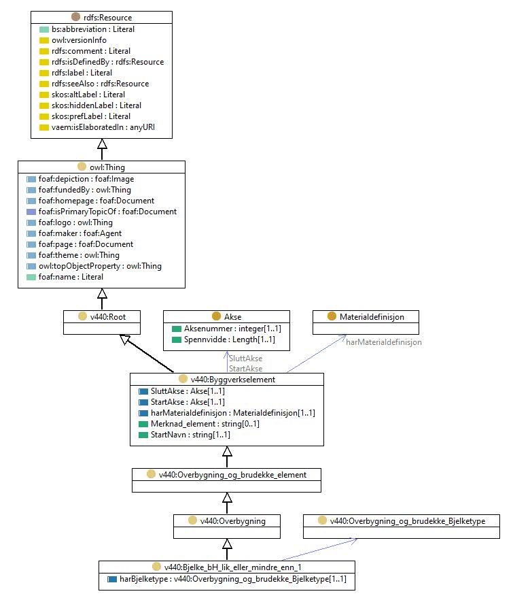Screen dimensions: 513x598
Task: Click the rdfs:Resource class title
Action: pos(108,18)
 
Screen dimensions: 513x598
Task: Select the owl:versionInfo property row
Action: pos(79,40)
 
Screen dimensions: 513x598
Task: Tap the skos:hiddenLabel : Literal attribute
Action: pos(96,105)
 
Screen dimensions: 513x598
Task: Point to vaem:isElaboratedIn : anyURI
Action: pos(103,127)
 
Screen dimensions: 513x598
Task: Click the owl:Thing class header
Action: pos(107,167)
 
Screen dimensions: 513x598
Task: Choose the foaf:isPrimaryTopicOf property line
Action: pos(107,212)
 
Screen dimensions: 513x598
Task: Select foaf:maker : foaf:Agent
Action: pos(80,233)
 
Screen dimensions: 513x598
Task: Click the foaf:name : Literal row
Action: pos(71,276)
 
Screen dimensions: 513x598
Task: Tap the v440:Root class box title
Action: pos(108,316)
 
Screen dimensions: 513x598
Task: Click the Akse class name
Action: pos(232,316)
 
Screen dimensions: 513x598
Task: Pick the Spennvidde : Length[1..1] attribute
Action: pos(229,339)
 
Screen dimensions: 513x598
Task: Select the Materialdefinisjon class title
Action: pos(372,316)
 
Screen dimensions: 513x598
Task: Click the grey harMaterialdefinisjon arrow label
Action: pos(384,342)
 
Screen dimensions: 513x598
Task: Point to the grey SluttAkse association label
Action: pos(246,358)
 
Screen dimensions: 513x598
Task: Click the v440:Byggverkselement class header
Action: pos(232,379)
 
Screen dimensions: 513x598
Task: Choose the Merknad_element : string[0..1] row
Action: pos(205,423)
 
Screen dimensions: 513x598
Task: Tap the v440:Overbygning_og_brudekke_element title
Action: pos(232,474)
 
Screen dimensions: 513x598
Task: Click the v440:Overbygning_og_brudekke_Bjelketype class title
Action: pos(408,520)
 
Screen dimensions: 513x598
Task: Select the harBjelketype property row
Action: pos(232,578)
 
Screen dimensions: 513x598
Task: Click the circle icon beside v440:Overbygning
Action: pos(193,520)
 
